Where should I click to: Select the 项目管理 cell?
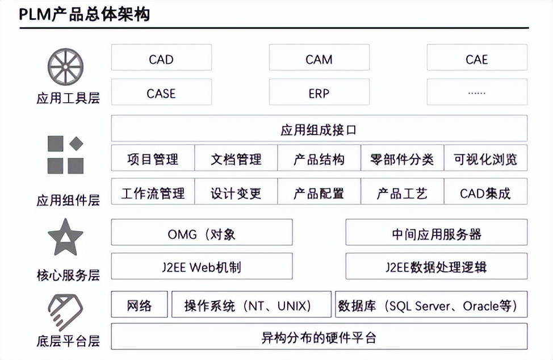point(153,158)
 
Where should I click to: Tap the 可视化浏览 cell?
point(485,158)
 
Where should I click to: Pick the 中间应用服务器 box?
point(436,233)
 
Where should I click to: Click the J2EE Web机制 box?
point(202,266)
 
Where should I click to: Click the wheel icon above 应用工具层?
point(66,67)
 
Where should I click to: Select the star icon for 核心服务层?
point(65,237)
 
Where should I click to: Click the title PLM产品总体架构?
point(85,14)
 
